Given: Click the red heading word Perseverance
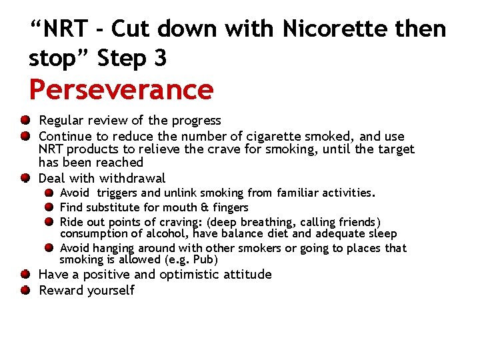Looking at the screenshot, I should pos(121,89).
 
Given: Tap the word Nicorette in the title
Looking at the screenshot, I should pos(329,30).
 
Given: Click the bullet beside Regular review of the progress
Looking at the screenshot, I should pos(25,120).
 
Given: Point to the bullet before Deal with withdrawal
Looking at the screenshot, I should pos(25,178).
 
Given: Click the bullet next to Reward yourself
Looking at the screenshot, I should pos(25,290).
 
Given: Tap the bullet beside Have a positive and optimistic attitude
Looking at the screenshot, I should pos(25,274).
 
